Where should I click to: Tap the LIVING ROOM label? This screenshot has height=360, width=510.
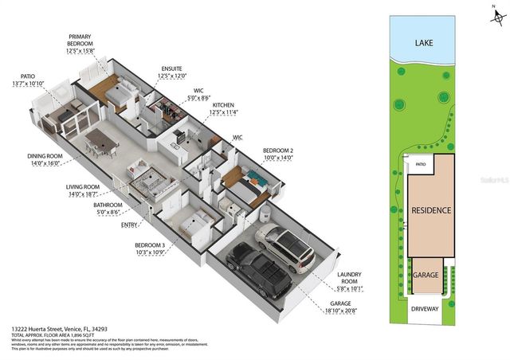(82, 189)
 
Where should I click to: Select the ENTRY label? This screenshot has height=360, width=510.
(129, 225)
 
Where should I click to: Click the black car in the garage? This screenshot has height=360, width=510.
(258, 273)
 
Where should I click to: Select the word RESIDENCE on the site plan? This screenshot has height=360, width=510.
(431, 210)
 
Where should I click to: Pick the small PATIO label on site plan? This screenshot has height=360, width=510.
(420, 166)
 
